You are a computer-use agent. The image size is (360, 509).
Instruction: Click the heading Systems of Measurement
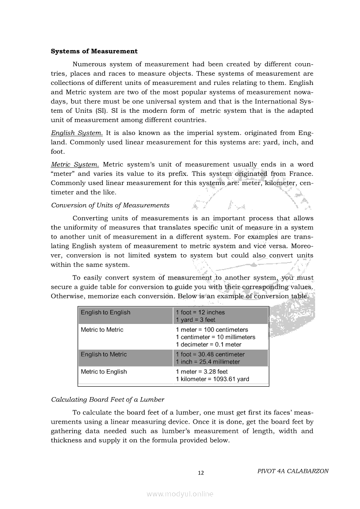tap(94, 51)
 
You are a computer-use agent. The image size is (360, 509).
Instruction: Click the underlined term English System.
tap(77, 133)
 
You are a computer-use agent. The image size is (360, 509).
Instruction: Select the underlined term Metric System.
tap(75, 165)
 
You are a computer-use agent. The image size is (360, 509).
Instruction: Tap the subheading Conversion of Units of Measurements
tap(110, 205)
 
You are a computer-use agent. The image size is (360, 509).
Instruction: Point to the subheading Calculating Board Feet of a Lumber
tap(108, 399)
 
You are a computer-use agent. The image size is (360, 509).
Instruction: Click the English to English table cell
tap(105, 312)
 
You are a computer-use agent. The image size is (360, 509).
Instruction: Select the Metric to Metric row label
tap(102, 330)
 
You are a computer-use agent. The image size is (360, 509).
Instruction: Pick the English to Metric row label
tap(104, 354)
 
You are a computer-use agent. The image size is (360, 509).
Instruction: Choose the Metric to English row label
tap(104, 372)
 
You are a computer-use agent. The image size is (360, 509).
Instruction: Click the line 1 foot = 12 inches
tap(200, 312)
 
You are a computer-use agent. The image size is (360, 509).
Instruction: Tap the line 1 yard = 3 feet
tap(195, 320)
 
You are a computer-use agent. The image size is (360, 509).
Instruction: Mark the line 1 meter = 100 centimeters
tap(212, 330)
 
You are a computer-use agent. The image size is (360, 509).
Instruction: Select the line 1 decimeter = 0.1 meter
tap(208, 344)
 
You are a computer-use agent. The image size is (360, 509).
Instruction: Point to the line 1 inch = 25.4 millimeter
tap(207, 362)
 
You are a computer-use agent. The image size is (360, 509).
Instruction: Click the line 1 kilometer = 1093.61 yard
tap(212, 379)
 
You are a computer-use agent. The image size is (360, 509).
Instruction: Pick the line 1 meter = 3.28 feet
tap(201, 372)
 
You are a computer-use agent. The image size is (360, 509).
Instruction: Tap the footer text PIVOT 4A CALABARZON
tap(293, 471)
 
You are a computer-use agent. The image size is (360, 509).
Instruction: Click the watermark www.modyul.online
tap(180, 494)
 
